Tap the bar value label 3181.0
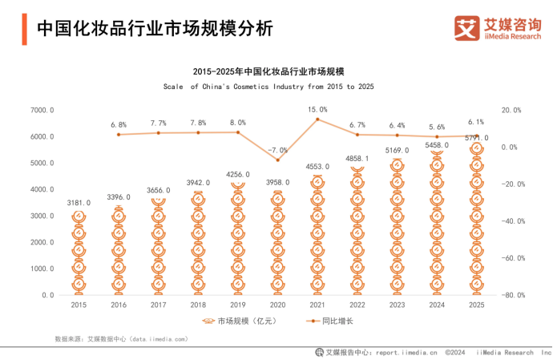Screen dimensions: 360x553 79,203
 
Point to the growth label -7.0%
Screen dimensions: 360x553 278,150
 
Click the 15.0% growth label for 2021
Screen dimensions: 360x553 317,109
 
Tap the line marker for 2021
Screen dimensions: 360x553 317,119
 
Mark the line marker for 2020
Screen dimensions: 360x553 278,160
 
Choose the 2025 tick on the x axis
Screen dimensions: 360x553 476,305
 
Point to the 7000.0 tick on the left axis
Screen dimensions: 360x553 42,110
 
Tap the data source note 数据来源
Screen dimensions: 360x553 121,339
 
